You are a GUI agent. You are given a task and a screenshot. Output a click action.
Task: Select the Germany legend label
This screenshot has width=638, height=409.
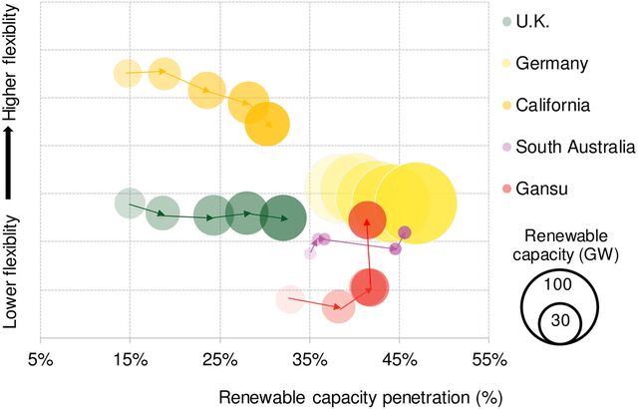point(559,63)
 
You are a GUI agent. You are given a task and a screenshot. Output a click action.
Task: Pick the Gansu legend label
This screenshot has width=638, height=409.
point(551,189)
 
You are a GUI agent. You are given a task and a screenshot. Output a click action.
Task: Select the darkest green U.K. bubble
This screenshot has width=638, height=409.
point(286,218)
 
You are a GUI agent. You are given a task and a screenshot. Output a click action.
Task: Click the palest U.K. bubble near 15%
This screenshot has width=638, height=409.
point(129,203)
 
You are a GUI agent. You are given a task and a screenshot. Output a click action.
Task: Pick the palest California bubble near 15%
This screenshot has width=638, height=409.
point(127,72)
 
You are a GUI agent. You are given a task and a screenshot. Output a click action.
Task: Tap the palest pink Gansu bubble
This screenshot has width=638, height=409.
point(289,298)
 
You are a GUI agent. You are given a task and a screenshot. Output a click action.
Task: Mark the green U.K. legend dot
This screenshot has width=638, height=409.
point(507,20)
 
